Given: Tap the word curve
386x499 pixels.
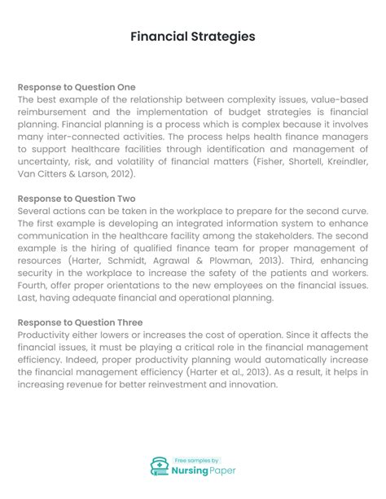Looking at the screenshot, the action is coord(352,211).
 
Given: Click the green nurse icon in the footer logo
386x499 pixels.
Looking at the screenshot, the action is coord(160,466).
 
